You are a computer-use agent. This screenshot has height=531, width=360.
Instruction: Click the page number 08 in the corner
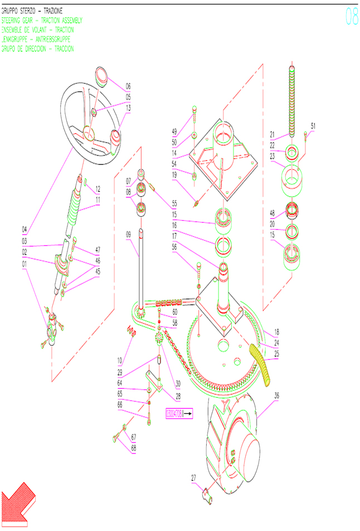pos(352,17)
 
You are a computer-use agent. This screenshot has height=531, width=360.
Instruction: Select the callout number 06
pos(128,86)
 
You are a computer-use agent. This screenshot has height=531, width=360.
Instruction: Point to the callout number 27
pos(194,478)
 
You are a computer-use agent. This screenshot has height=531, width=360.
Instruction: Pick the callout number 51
pos(313,126)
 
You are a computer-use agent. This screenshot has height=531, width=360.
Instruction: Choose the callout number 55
pos(174,204)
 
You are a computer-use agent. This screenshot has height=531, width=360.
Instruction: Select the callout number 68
pos(133,448)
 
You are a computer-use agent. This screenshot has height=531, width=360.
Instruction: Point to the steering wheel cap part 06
pos(101,75)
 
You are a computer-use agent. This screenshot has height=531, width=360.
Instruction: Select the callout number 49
pos(174,132)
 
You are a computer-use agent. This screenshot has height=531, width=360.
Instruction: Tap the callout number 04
pos(25,229)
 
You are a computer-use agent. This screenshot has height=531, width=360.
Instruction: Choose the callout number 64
pos(120,383)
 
